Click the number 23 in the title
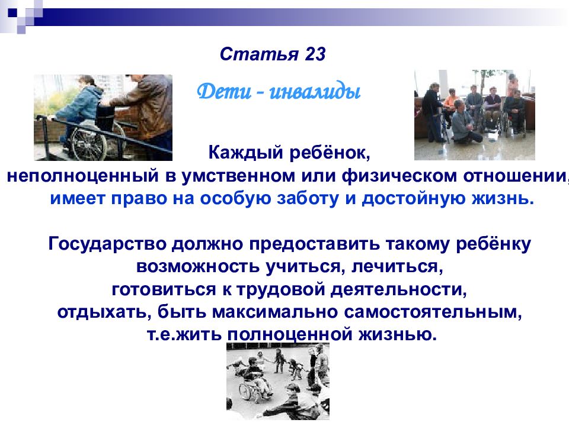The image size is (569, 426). [315, 54]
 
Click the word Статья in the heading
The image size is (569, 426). [259, 54]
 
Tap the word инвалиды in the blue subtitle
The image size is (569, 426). [315, 92]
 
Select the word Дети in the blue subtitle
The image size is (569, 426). [224, 92]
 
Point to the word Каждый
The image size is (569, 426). [245, 153]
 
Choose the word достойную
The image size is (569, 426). [414, 199]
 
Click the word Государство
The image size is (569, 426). [107, 244]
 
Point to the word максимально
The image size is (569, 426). [275, 312]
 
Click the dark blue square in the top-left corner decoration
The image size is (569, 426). [12, 13]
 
